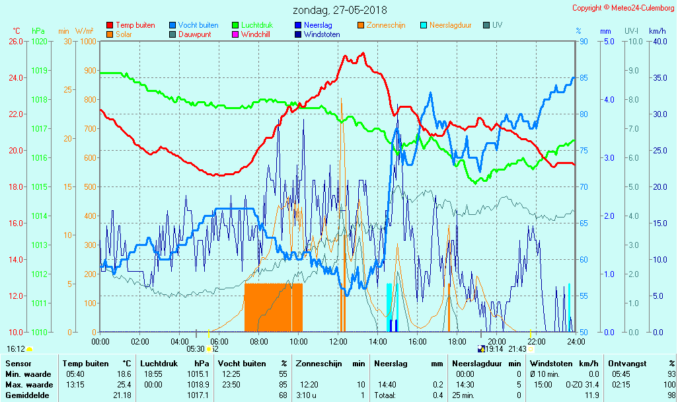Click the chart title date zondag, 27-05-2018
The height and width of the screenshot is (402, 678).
click(340, 10)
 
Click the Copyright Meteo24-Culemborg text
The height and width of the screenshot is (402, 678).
click(622, 8)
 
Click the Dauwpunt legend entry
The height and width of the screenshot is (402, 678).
click(194, 34)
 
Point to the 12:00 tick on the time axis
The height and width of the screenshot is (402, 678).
click(338, 342)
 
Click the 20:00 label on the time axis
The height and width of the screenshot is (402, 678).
click(497, 342)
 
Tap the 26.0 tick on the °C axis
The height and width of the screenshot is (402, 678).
click(16, 41)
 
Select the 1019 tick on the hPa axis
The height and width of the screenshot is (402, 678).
click(39, 70)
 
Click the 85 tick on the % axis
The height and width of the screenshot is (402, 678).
click(584, 77)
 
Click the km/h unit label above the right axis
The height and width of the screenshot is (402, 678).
click(657, 31)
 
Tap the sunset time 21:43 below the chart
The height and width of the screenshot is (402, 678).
click(517, 348)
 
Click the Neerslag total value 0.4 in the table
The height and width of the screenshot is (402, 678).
click(438, 395)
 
